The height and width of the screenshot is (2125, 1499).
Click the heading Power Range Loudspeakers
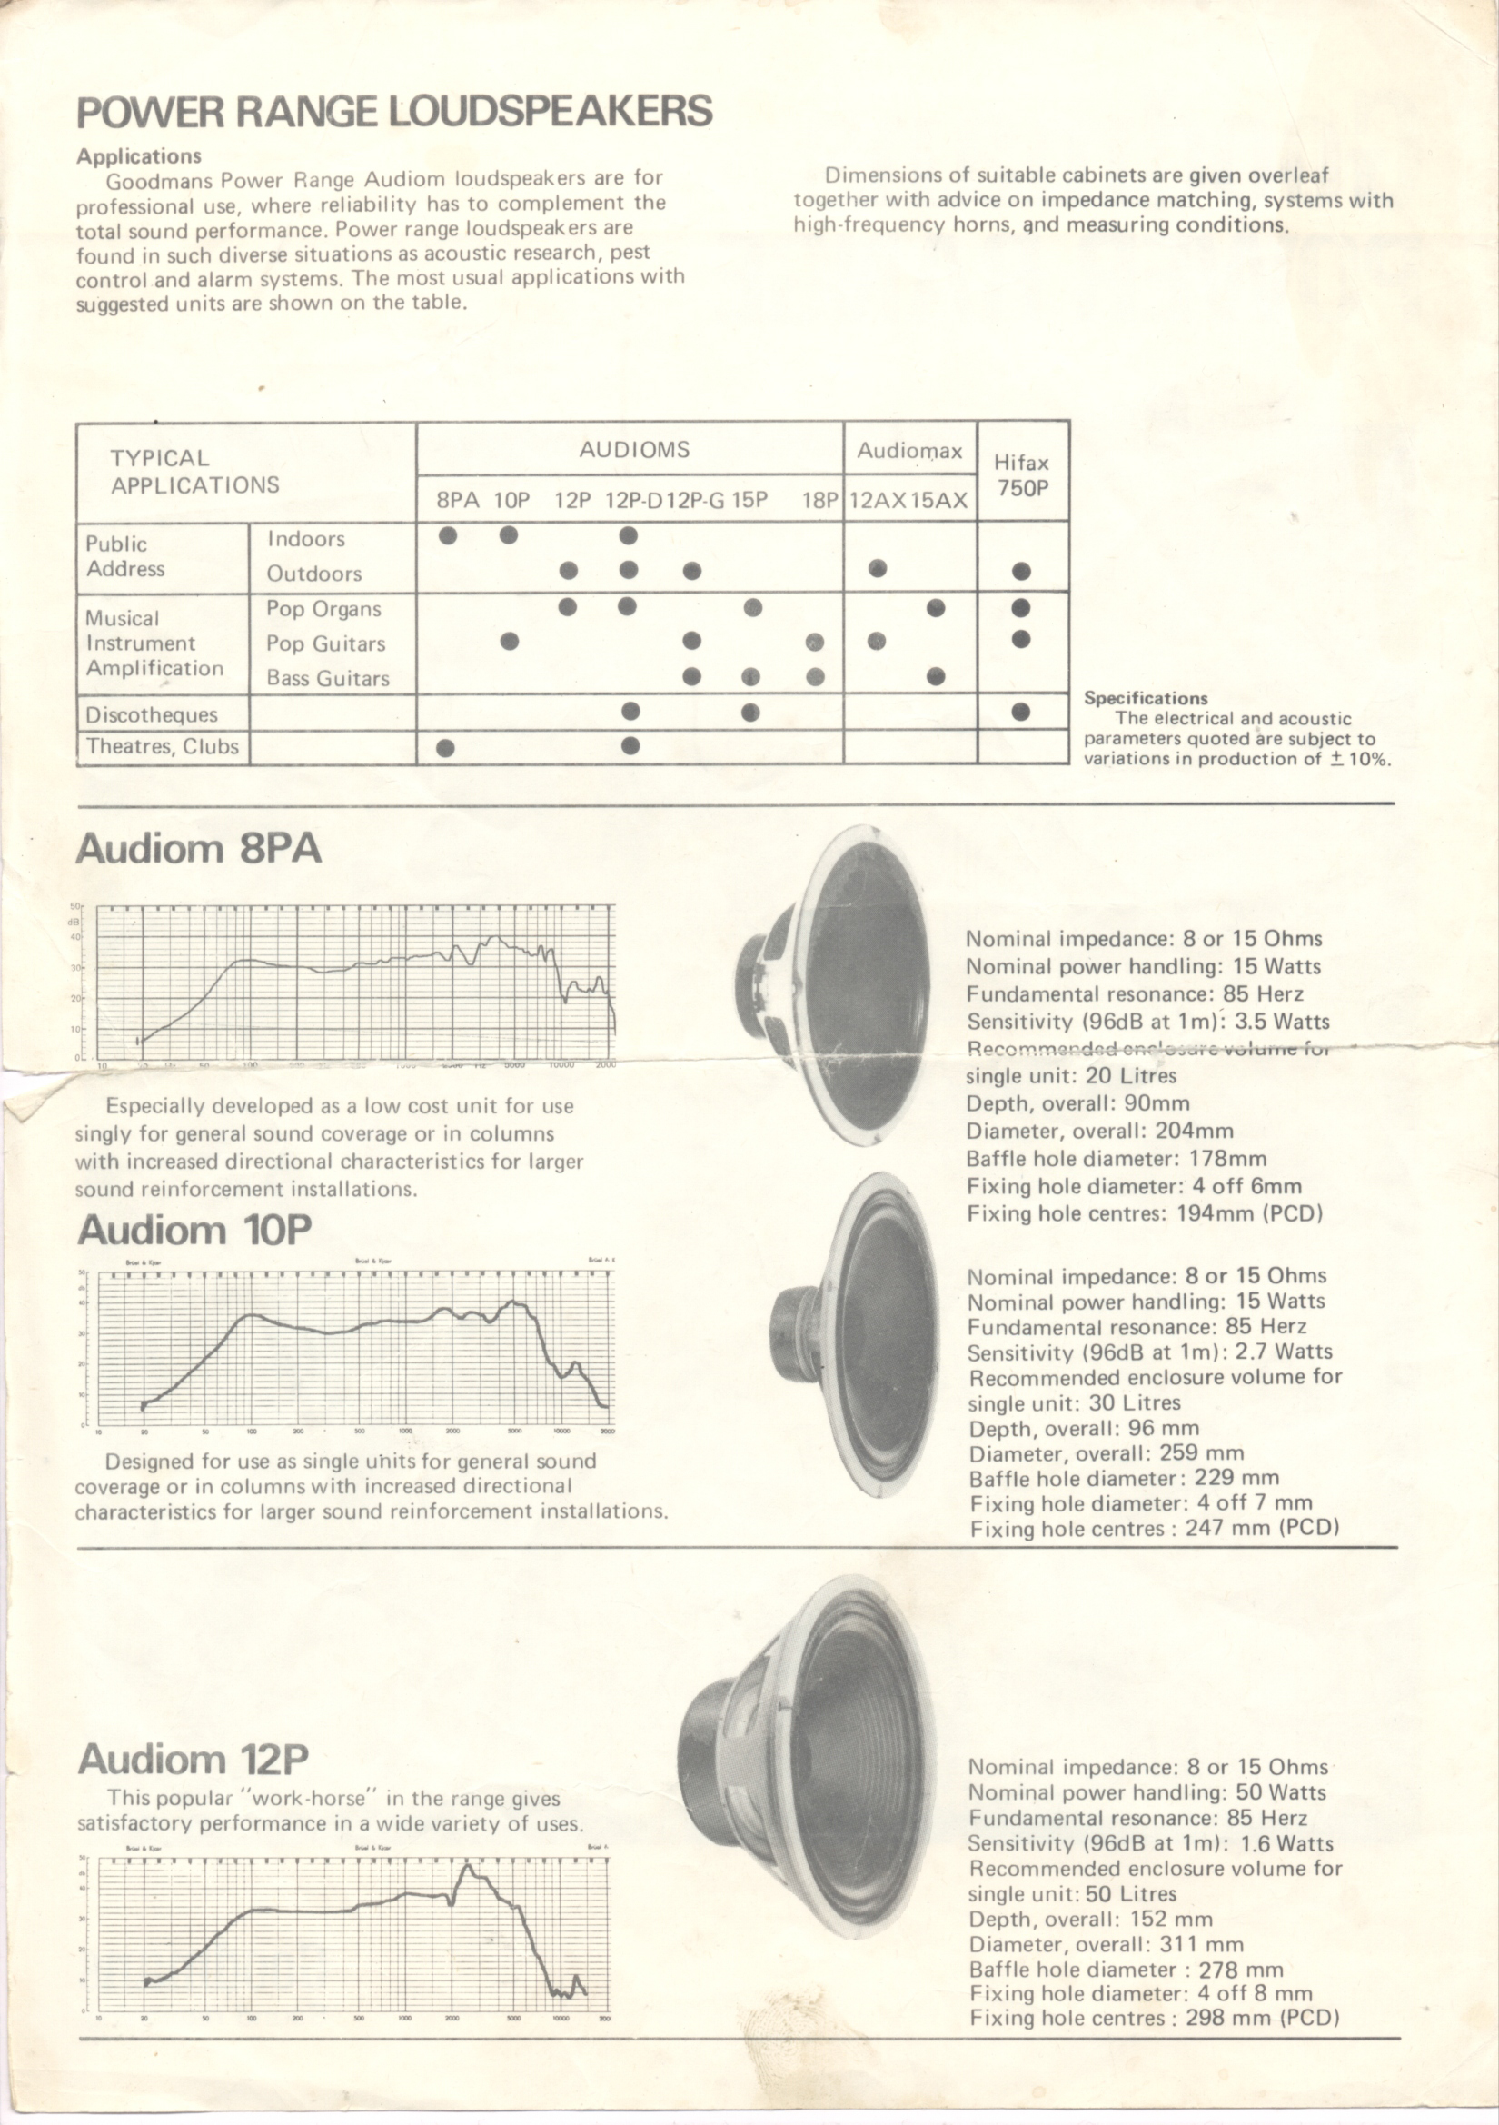point(394,111)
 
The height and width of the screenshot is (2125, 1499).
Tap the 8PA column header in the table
point(457,501)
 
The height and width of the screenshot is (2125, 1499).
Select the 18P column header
point(819,501)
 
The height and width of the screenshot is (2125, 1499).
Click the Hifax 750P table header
point(1021,474)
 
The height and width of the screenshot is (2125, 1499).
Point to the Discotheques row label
point(152,714)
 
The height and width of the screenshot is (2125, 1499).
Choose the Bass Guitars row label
point(328,678)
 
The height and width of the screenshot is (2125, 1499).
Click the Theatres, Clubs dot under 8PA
point(445,748)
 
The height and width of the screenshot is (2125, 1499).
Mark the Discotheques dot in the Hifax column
point(1020,712)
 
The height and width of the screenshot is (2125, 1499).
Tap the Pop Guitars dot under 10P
point(509,641)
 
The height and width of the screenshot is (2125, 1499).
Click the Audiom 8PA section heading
point(199,848)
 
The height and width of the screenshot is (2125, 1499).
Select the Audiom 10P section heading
point(194,1230)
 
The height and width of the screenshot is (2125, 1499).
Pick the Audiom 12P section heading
point(193,1759)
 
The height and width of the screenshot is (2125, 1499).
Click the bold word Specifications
point(1146,699)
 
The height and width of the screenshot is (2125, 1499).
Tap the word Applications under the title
point(139,156)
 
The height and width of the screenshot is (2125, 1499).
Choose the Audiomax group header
point(909,451)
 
